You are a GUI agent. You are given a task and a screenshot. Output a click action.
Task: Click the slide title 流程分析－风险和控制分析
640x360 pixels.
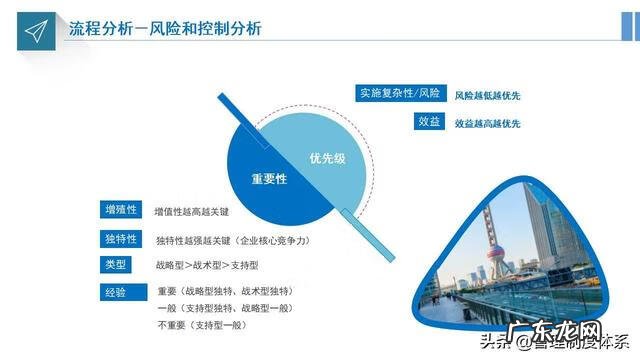tap(165, 28)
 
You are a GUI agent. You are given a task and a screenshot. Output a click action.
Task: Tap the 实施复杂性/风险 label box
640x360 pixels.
tap(399, 94)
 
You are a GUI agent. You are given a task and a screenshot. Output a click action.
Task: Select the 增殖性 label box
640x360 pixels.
tap(120, 210)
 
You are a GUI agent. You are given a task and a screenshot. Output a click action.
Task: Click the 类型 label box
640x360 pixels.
tap(116, 264)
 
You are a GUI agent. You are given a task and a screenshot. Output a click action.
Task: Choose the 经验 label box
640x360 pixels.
tap(116, 291)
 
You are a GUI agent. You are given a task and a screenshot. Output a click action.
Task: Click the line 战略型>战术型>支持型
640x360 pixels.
tap(207, 265)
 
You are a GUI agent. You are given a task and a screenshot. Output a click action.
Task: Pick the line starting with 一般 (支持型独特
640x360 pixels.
tap(225, 308)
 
